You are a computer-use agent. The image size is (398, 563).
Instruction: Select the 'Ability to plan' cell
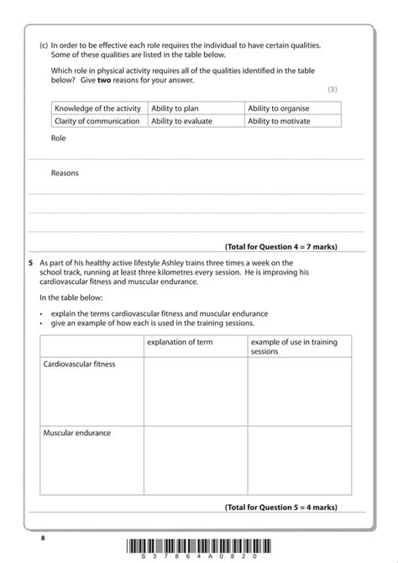196,108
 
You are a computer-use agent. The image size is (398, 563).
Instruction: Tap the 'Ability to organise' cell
293,108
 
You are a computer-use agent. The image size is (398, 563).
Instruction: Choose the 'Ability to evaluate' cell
196,121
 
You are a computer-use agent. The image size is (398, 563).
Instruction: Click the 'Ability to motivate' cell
293,121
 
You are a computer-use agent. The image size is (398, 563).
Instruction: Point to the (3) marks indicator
333,89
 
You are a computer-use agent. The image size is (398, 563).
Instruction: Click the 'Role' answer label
58,139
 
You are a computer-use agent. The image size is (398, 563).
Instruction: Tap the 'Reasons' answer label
65,173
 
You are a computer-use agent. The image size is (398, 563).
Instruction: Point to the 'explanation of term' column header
180,342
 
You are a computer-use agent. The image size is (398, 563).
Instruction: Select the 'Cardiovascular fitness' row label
79,365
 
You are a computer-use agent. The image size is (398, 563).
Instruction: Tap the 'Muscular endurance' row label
77,433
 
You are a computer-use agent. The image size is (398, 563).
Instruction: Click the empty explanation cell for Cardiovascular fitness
195,391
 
